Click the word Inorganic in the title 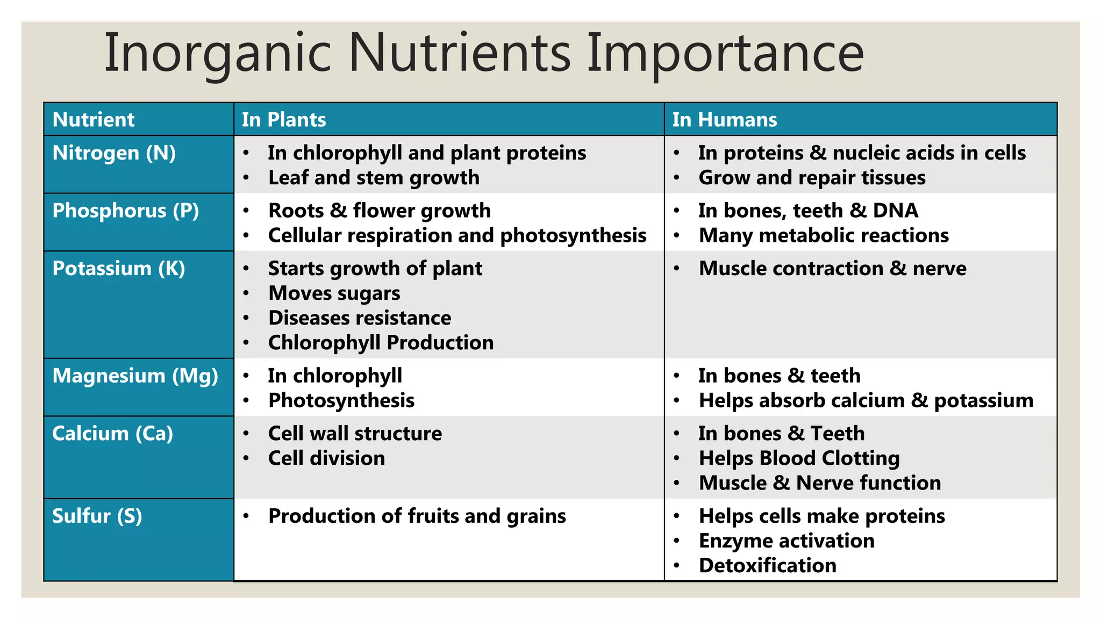point(217,54)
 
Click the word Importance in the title point(725,54)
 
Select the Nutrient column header point(94,119)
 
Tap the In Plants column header point(284,119)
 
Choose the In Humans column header point(725,119)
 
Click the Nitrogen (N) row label point(114,153)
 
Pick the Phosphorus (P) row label point(126,211)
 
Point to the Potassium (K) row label point(119,268)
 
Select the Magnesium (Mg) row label point(135,376)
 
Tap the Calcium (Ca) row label point(113,433)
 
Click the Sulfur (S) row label point(97,516)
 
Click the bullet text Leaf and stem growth point(374,178)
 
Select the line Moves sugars point(334,293)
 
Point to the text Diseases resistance point(360,318)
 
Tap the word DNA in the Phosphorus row point(895,211)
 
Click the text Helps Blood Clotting point(799,458)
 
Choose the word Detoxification point(767,565)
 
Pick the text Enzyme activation point(787,541)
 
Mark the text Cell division point(326,458)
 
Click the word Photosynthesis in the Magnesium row point(341,401)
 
